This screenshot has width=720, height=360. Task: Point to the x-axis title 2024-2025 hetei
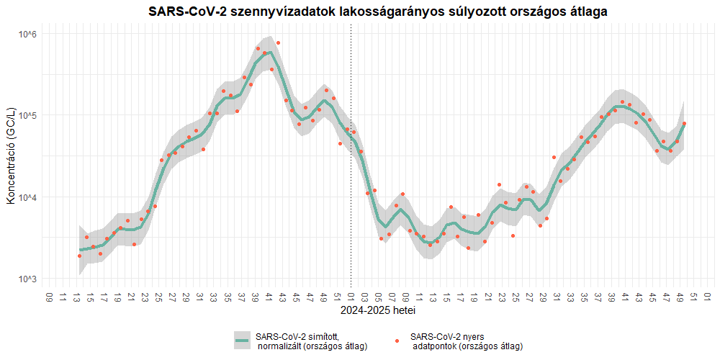point(378,312)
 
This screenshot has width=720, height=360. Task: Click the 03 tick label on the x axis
point(364,297)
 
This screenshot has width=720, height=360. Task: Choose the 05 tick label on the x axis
point(379,297)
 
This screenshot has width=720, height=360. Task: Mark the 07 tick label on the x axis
point(392,297)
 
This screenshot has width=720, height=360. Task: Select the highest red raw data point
point(278,42)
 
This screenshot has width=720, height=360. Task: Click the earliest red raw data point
point(80,256)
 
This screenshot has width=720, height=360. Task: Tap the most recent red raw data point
point(684,124)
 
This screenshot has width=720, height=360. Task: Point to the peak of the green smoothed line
point(269,53)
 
